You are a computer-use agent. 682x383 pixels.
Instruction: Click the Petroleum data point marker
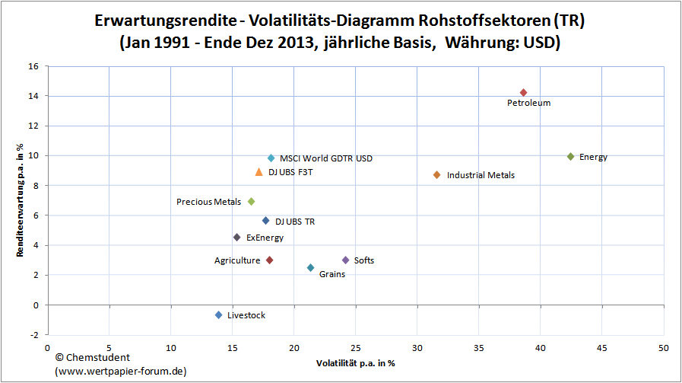523,93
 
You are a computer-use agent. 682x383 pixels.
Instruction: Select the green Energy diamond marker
570,157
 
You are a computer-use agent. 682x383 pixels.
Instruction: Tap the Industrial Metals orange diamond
436,175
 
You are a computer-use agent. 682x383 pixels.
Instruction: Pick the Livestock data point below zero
218,315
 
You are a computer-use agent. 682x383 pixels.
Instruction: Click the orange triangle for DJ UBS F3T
259,172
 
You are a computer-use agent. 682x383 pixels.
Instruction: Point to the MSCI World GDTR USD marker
271,158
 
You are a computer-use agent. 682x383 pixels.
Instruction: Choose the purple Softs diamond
345,260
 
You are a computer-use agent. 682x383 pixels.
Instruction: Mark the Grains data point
310,268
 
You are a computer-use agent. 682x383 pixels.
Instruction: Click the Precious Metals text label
208,203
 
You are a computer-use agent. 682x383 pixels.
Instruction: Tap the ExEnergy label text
265,238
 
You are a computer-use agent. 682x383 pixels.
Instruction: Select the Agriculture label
237,261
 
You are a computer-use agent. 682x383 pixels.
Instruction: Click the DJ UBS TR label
295,222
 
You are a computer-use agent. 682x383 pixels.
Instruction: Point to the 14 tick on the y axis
33,96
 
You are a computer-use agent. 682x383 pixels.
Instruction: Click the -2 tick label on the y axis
33,335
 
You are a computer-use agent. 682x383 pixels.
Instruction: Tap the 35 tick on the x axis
478,348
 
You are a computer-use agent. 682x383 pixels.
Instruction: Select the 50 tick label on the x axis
662,348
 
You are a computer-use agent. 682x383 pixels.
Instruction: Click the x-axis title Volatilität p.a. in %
355,364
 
